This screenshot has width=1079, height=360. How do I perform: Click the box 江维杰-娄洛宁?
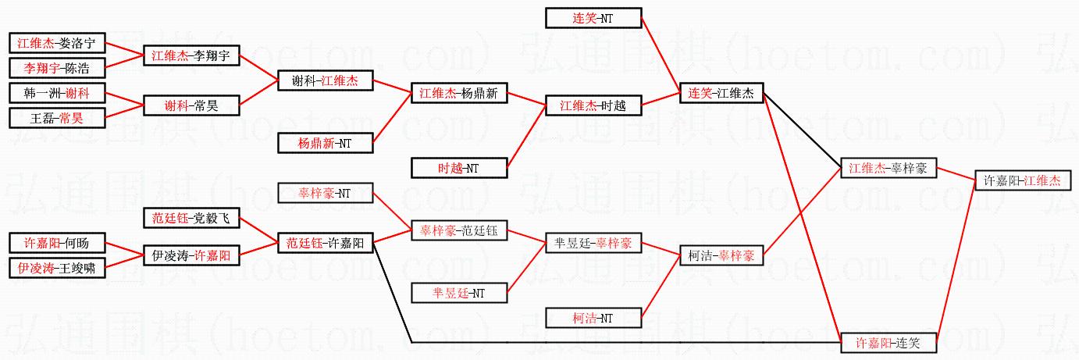tap(56, 44)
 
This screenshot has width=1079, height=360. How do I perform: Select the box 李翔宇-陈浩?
tap(56, 68)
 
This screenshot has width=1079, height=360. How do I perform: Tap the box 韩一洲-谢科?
tap(56, 93)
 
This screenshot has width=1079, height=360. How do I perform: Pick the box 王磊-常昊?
tap(56, 118)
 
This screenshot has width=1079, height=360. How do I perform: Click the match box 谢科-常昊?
tap(191, 105)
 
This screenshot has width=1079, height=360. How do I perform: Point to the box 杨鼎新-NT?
tap(325, 143)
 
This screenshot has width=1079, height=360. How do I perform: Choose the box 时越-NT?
tap(459, 167)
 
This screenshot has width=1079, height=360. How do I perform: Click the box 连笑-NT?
tap(593, 18)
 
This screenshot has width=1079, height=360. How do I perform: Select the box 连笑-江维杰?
tap(721, 93)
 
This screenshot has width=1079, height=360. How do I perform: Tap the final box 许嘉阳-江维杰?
tap(1021, 180)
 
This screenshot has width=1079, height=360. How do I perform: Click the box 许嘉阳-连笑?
tap(888, 343)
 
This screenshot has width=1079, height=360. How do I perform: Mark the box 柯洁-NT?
tap(593, 318)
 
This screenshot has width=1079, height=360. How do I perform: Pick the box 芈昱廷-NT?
tap(459, 293)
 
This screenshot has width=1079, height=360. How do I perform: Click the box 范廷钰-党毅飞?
tap(191, 218)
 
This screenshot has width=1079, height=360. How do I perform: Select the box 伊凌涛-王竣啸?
tap(56, 268)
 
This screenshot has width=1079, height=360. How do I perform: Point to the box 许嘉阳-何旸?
tap(56, 243)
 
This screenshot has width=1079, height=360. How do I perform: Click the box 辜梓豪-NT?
tap(325, 193)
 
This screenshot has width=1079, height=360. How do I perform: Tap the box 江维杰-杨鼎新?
tap(459, 93)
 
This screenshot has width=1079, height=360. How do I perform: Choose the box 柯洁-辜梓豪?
tap(721, 255)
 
